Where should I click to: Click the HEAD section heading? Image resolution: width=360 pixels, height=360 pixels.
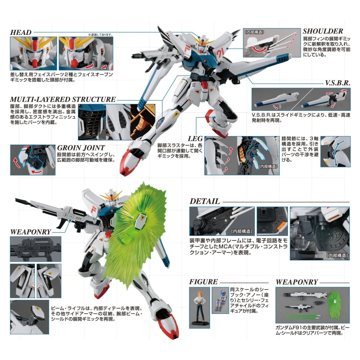pyautogui.click(x=21, y=32)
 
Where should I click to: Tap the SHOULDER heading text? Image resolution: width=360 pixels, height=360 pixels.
pyautogui.click(x=323, y=31)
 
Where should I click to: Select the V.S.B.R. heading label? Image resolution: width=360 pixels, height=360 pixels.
pyautogui.click(x=338, y=83)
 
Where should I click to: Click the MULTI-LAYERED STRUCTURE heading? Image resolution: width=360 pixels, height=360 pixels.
pyautogui.click(x=63, y=99)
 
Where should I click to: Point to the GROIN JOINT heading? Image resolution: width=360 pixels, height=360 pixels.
pyautogui.click(x=81, y=148)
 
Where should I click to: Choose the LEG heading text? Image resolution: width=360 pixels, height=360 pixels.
pyautogui.click(x=195, y=139)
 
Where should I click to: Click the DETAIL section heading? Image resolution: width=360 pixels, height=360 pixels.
pyautogui.click(x=204, y=201)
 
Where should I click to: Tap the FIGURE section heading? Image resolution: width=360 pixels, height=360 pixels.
pyautogui.click(x=203, y=282)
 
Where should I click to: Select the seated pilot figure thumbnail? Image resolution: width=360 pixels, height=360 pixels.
pyautogui.click(x=220, y=300)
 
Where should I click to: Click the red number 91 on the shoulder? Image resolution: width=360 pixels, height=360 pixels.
pyautogui.click(x=220, y=54)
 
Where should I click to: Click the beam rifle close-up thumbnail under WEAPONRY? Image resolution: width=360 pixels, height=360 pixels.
pyautogui.click(x=36, y=249)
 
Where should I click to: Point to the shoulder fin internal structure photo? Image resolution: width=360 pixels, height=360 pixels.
pyautogui.click(x=272, y=43)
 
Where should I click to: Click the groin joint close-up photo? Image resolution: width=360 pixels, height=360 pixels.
pyautogui.click(x=33, y=160)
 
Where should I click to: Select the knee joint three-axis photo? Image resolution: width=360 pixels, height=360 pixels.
pyautogui.click(x=336, y=152)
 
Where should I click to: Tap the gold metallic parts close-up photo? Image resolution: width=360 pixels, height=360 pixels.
pyautogui.click(x=143, y=122)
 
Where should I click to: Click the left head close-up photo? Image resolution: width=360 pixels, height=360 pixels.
pyautogui.click(x=33, y=53)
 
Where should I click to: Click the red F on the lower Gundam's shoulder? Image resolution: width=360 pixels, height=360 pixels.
pyautogui.click(x=93, y=210)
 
